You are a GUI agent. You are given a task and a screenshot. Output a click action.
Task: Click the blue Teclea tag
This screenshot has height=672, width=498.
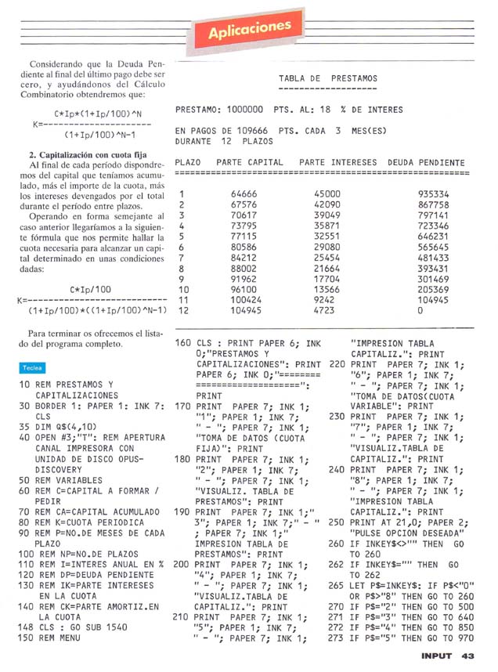click(x=32, y=367)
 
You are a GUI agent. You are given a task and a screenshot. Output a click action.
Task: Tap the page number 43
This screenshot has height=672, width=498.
click(x=468, y=656)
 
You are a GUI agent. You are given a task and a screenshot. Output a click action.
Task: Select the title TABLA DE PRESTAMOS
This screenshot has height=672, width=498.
click(x=327, y=78)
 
